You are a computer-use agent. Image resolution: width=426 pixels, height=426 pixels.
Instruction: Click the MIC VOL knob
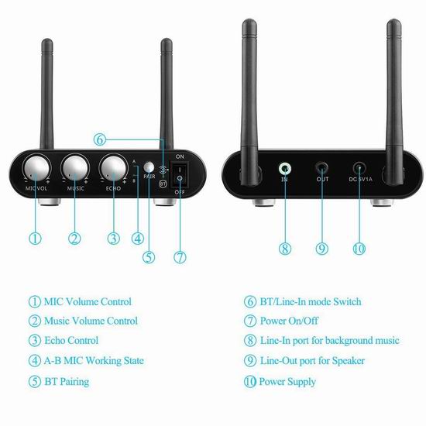[x=36, y=168]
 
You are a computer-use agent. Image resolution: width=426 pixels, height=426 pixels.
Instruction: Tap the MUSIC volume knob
[x=75, y=168]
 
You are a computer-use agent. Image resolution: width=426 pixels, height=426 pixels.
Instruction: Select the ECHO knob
[x=113, y=168]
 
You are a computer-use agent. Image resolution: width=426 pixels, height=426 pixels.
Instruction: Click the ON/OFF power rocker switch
[x=180, y=173]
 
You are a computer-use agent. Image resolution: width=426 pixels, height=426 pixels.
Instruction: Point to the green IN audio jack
[x=285, y=169]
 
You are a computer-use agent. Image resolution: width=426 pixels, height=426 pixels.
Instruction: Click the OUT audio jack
[x=322, y=168]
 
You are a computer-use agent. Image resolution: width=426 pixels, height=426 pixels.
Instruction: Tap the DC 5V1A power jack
[x=359, y=168]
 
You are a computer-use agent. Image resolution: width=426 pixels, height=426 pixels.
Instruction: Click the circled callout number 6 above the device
[x=100, y=139]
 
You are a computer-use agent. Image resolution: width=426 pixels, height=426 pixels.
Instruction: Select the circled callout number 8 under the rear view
[x=285, y=249]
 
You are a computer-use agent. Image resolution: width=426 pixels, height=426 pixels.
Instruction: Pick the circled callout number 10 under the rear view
[x=359, y=249]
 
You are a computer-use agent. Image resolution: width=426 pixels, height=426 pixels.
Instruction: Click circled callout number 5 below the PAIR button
[x=149, y=257]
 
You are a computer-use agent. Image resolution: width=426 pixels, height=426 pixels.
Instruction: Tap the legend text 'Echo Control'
[x=71, y=341]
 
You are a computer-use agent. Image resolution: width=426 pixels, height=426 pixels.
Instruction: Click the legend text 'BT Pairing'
[x=67, y=381]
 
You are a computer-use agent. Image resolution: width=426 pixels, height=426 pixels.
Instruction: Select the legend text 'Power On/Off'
[x=289, y=321]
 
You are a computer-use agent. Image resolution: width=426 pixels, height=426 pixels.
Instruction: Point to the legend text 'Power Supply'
[x=287, y=382]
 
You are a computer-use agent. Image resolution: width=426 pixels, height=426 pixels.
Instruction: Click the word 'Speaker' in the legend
[x=349, y=361]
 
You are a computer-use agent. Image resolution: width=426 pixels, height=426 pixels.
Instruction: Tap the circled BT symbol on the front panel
[x=163, y=184]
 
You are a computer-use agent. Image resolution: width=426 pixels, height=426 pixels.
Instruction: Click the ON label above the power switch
[x=180, y=156]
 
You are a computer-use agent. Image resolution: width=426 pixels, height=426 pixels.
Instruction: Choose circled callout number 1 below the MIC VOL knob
[x=36, y=239]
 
